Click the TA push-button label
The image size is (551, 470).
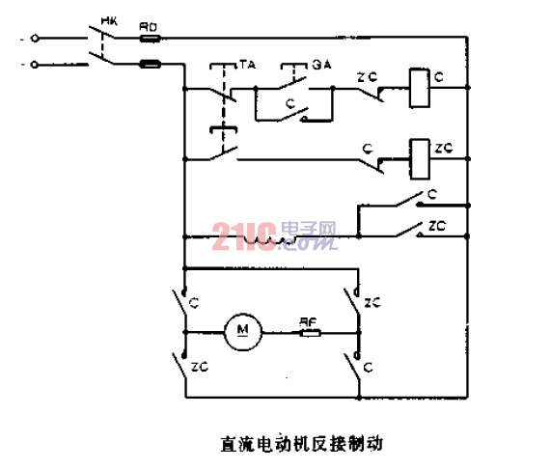pos(248,66)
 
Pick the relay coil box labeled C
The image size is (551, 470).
pos(419,86)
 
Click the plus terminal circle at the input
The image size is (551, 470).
pos(36,39)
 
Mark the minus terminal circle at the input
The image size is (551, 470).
pos(36,65)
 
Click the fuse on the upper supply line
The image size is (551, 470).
pos(151,39)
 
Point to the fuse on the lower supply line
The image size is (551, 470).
pos(151,65)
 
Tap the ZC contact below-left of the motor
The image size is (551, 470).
pos(181,366)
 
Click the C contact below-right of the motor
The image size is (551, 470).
pos(357,366)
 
